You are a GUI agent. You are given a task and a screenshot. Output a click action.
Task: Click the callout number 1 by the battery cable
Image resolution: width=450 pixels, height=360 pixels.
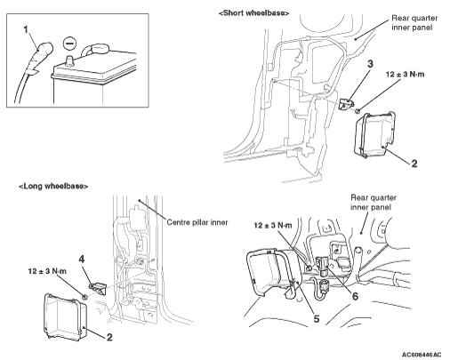(x=27, y=29)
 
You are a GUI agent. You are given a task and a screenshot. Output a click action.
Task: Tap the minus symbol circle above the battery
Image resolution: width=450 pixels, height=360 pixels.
(x=70, y=43)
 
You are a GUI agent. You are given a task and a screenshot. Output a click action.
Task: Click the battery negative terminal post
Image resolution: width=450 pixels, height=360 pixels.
(x=70, y=60)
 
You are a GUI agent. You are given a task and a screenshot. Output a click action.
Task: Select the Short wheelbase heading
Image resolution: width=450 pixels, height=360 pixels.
(x=253, y=13)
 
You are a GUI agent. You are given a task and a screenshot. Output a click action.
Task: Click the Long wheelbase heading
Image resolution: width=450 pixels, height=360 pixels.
(x=53, y=187)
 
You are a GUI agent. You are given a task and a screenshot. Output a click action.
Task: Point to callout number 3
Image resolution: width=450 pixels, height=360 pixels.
(x=370, y=64)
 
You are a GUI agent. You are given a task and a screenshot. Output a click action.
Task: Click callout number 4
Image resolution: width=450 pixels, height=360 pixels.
(x=82, y=260)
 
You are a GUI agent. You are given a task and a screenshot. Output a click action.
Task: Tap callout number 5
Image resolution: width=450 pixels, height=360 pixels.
(x=317, y=319)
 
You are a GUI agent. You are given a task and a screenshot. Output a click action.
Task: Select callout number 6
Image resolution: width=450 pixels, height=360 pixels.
(x=355, y=296)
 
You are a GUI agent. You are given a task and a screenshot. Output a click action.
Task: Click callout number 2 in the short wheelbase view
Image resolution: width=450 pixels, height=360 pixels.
(x=414, y=164)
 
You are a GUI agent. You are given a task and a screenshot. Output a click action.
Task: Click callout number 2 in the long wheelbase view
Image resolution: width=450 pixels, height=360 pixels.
(x=109, y=337)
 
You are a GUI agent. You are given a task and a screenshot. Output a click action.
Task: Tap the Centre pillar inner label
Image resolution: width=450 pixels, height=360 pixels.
(x=197, y=222)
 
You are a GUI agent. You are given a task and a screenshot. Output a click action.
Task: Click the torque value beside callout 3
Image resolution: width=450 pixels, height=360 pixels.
(x=405, y=74)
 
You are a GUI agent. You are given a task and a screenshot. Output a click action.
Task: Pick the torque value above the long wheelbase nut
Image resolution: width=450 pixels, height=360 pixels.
(x=47, y=271)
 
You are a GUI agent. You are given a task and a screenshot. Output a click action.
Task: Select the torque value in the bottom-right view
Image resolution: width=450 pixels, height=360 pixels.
(x=273, y=226)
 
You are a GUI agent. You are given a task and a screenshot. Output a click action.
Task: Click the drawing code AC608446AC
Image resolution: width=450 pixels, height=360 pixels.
(x=422, y=355)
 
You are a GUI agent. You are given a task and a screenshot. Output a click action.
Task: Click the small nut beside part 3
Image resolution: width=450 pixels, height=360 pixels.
(x=358, y=111)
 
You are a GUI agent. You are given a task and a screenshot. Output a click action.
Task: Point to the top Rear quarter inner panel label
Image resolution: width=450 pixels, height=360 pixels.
(x=414, y=23)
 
